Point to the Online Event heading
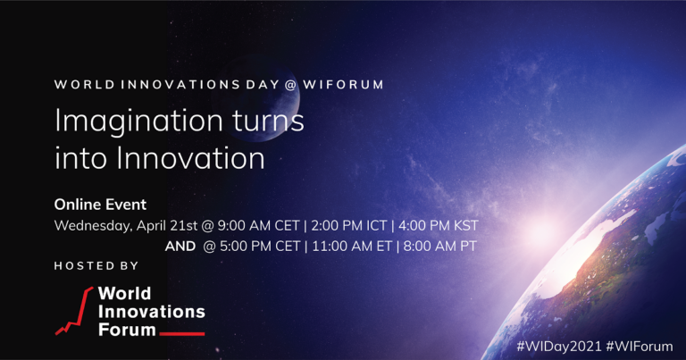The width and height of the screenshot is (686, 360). tap(100, 204)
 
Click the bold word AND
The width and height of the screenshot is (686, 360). tap(181, 246)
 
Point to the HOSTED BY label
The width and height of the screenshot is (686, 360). tap(96, 266)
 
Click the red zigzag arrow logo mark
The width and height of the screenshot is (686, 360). tap(74, 311)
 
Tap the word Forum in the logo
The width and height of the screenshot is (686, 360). tap(125, 330)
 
